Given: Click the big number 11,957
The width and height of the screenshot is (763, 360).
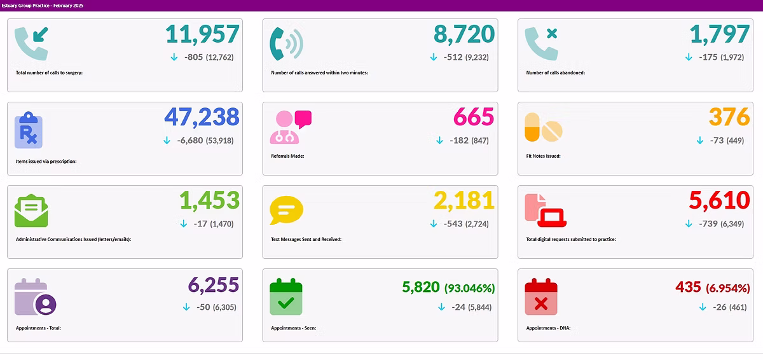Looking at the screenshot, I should pos(202,34).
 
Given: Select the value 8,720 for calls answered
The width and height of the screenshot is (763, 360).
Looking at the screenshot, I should pos(464,34).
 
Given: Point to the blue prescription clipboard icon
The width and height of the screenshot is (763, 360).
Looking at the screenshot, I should pos(29,130).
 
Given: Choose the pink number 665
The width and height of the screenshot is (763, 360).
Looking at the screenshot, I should pos(473,117).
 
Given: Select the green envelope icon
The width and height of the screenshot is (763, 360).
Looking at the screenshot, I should pos(31,211).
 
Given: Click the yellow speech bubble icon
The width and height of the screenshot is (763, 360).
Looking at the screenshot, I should pos(286,211).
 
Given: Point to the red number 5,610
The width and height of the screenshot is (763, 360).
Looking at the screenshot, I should pos(718,200).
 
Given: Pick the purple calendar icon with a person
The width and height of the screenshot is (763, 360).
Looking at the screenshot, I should pos(36,297).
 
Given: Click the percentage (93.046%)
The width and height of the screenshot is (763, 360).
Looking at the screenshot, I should pos(469,288).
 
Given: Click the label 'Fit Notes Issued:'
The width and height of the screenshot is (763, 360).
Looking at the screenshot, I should pos(543,156).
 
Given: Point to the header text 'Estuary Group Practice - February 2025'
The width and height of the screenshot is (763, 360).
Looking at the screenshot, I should pos(43,5).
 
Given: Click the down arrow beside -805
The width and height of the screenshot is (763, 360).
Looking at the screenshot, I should pos(174,57).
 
